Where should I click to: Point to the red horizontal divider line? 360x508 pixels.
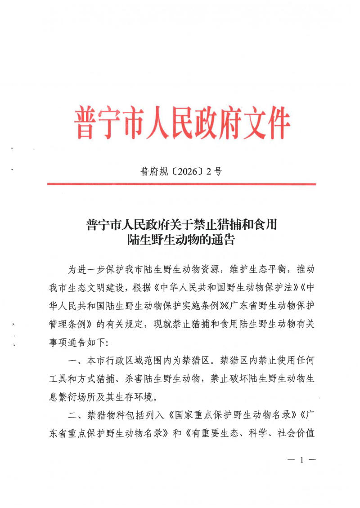pos(181,184)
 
